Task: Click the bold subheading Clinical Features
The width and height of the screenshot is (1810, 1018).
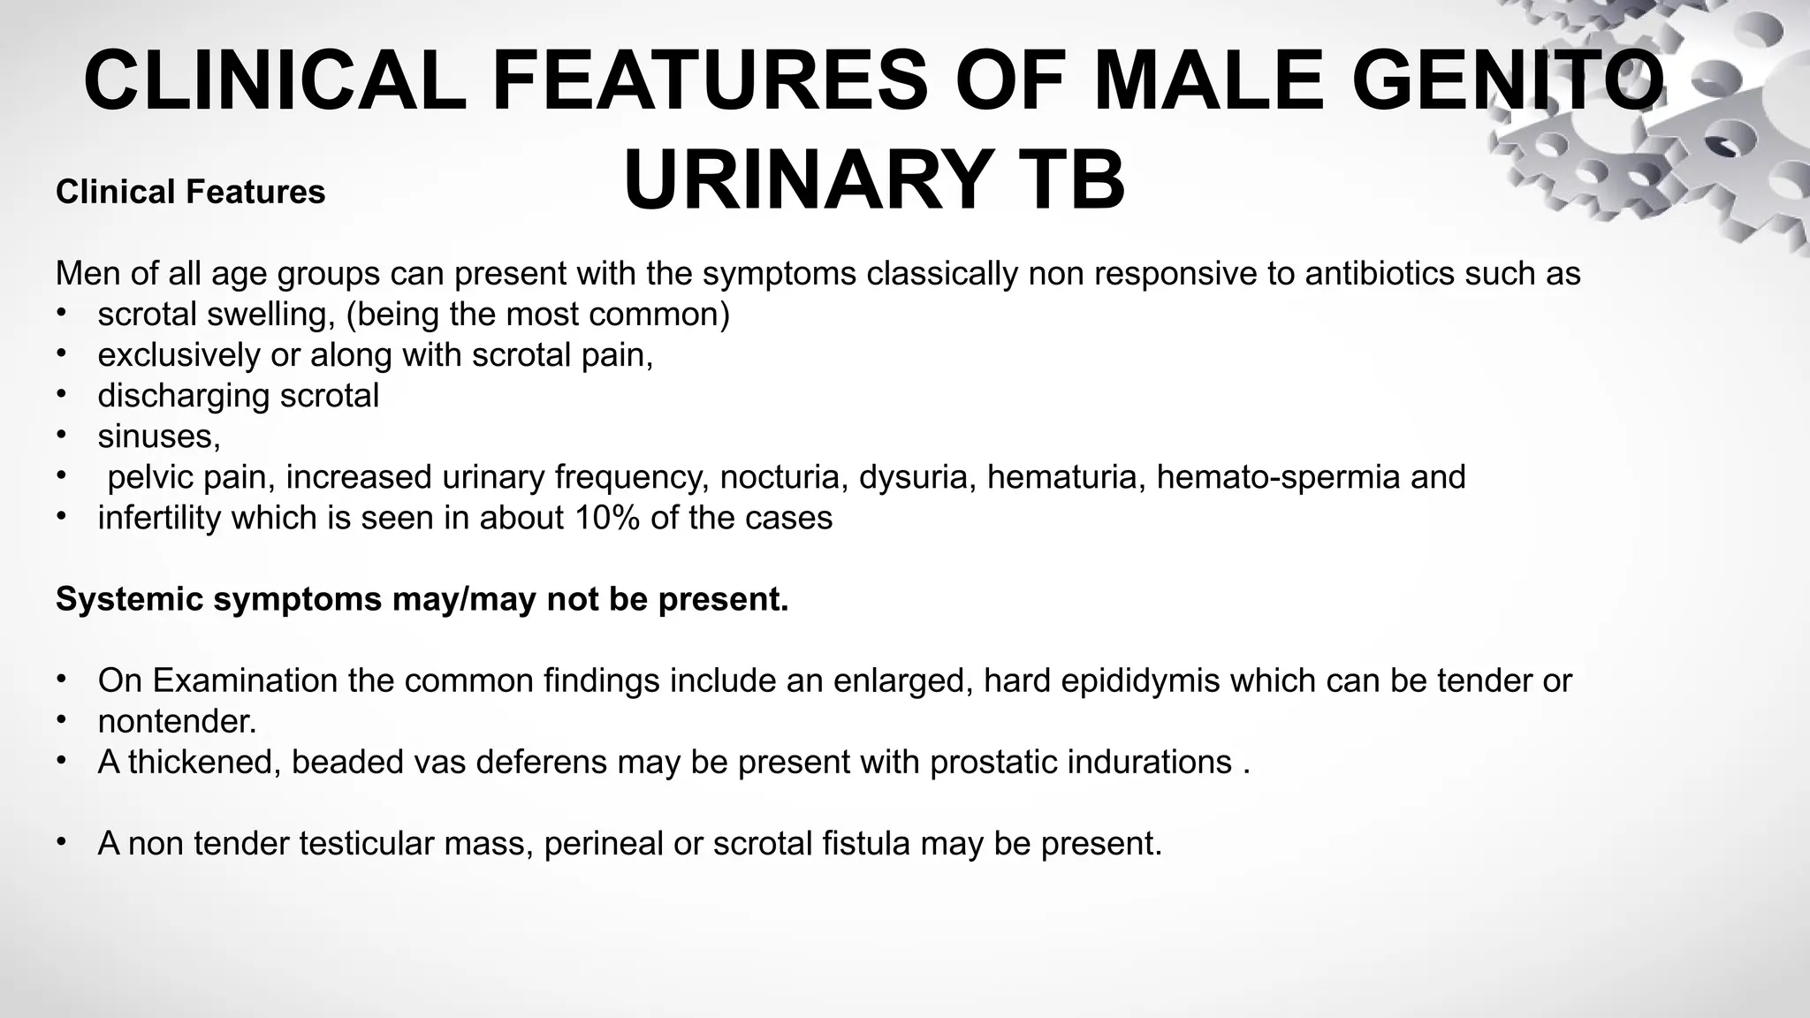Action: [x=190, y=192]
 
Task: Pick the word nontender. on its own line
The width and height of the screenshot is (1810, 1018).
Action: [x=177, y=721]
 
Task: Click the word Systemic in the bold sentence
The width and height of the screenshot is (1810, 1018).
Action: [x=129, y=599]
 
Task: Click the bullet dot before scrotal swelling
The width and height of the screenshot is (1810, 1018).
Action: [x=61, y=313]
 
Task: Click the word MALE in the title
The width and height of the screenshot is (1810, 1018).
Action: [x=1208, y=81]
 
